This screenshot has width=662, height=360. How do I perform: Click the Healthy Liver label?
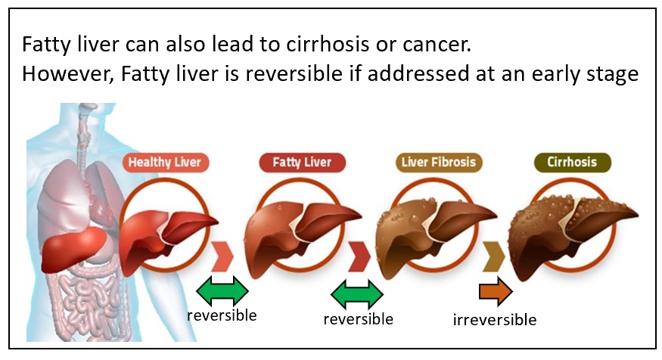click(x=166, y=163)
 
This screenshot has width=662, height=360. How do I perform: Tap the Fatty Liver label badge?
click(x=303, y=163)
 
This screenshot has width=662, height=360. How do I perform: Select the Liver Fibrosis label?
click(x=439, y=163)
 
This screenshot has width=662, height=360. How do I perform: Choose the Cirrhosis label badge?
click(x=572, y=163)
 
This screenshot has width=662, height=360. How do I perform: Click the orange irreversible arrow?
click(x=496, y=291)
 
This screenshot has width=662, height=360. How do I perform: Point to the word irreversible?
click(x=494, y=320)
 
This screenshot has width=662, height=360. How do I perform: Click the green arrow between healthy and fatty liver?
click(x=222, y=290)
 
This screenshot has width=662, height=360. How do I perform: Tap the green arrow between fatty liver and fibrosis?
click(x=357, y=294)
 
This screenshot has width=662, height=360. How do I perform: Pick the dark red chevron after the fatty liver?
click(x=359, y=256)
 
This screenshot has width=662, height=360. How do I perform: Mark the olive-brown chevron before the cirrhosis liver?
click(x=494, y=256)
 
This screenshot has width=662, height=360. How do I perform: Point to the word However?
click(x=68, y=74)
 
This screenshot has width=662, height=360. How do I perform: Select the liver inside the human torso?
click(x=73, y=250)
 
